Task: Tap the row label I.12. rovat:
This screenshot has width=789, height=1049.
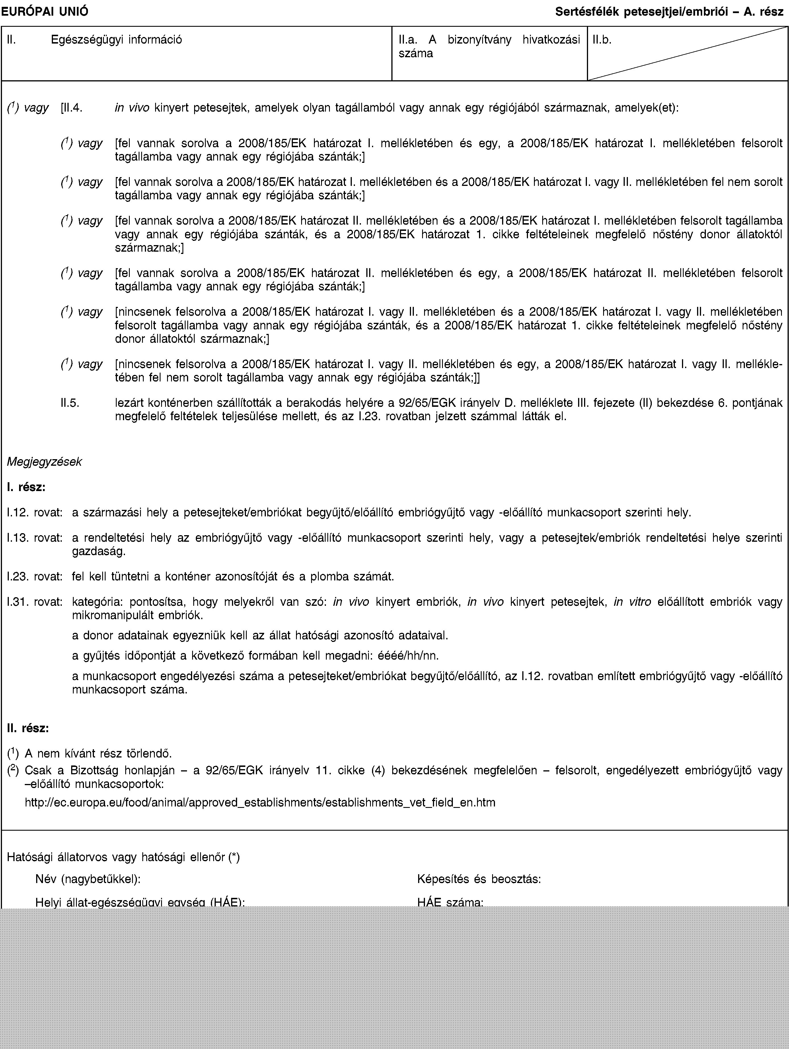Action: [35, 512]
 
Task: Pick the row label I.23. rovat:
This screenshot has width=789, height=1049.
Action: [35, 577]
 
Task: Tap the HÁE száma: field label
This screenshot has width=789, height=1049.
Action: [451, 902]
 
